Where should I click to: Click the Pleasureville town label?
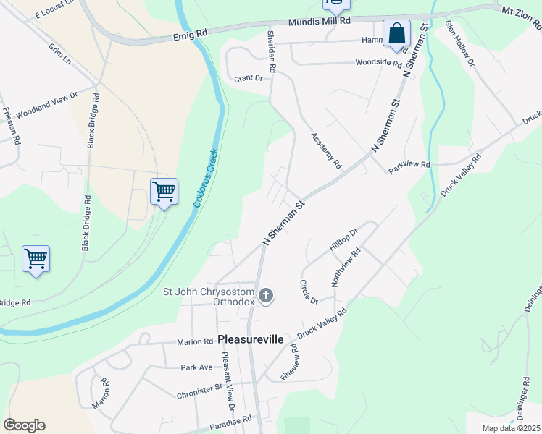[250, 339]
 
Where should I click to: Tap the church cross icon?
[266, 295]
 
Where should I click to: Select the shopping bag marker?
[396, 33]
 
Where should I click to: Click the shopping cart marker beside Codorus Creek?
[164, 192]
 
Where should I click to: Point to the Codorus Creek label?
[207, 180]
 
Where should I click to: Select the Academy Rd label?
[326, 150]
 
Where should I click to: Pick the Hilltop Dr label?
[343, 240]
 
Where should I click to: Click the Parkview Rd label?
[409, 165]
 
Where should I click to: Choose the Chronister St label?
[199, 396]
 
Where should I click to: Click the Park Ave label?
[197, 367]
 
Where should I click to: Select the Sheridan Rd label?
[272, 55]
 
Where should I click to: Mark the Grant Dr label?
[248, 77]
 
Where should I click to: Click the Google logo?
[24, 425]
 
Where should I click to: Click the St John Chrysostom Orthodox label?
[210, 297]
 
